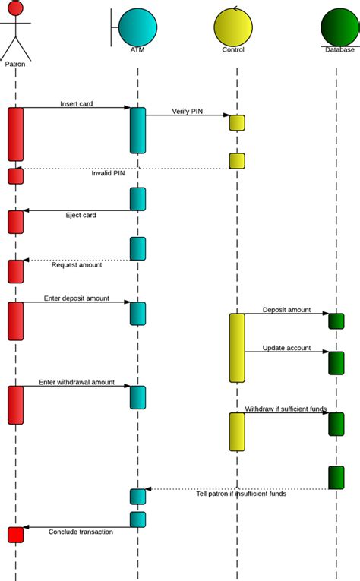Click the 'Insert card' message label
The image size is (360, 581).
76,103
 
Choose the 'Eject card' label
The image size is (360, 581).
81,215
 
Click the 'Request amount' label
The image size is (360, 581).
77,264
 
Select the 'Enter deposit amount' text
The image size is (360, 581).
77,298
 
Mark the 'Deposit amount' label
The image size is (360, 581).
286,310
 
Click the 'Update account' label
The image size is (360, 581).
286,348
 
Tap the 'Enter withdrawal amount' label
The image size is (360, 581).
77,382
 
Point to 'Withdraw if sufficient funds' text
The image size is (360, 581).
286,409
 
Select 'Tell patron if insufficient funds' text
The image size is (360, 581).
242,493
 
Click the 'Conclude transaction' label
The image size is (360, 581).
81,532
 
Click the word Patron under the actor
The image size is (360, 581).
14,65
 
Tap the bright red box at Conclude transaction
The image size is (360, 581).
16,535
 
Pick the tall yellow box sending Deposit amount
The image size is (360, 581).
237,348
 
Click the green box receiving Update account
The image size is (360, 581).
336,362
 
